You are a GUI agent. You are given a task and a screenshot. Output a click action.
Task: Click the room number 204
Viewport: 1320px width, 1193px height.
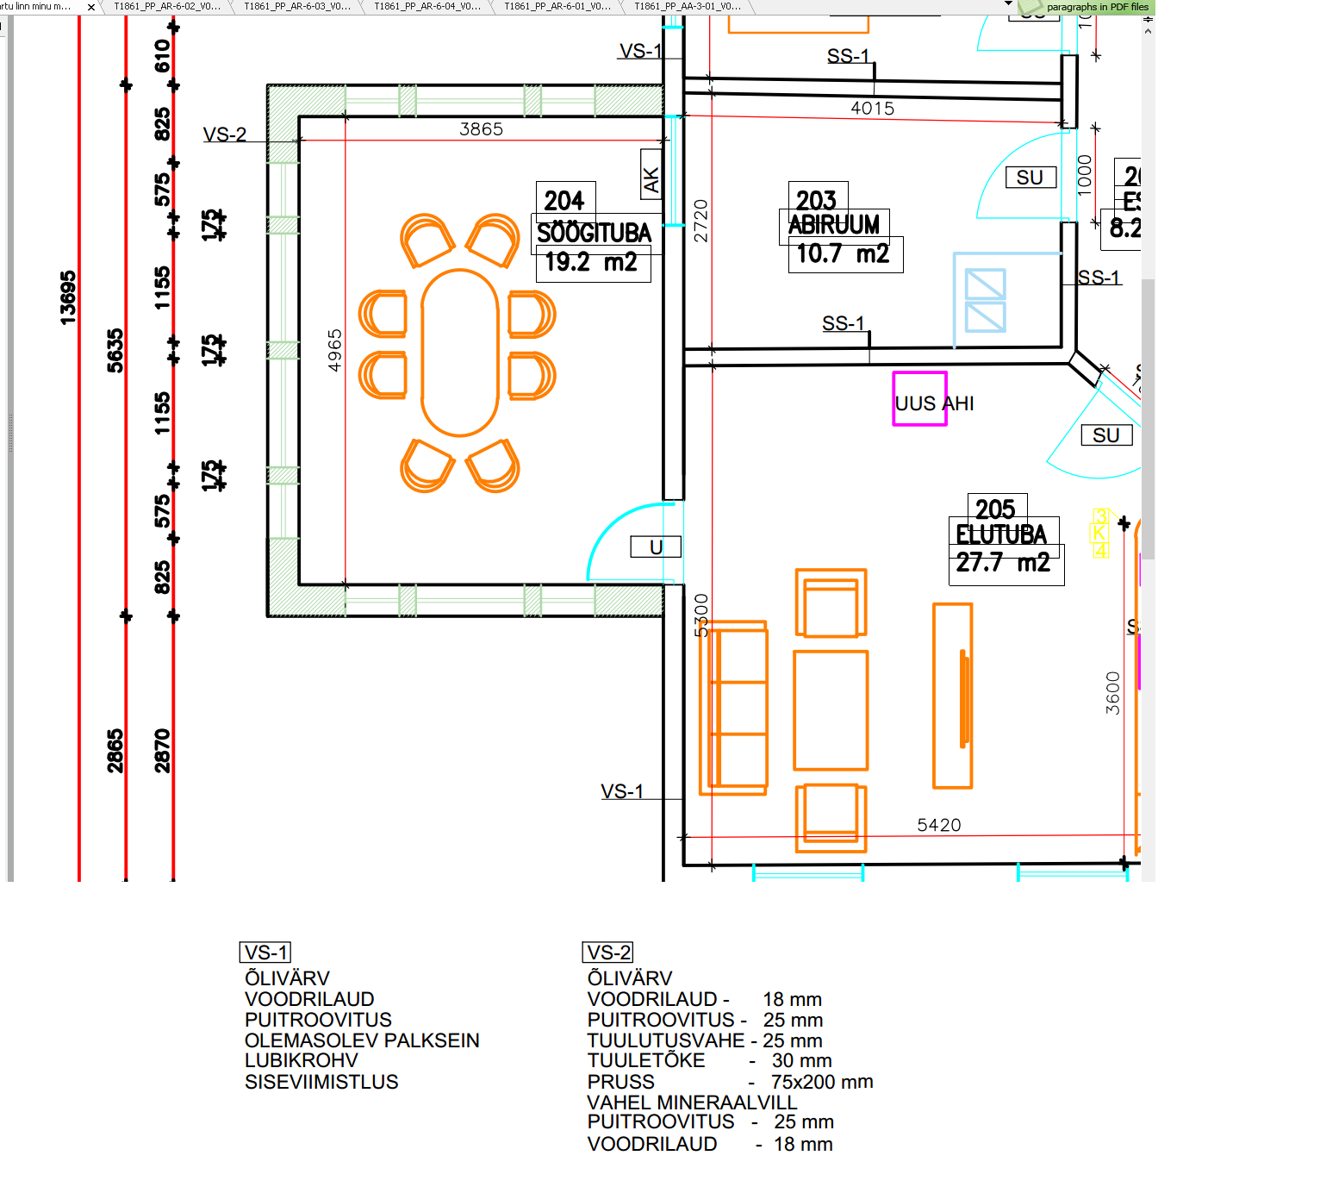tap(564, 200)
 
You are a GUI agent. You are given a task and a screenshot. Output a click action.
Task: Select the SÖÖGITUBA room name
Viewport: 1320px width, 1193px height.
tap(594, 233)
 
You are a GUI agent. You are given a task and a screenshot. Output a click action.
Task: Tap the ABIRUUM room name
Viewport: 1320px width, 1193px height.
tap(833, 224)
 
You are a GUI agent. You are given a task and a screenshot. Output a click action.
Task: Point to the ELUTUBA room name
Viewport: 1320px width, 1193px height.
tap(1001, 534)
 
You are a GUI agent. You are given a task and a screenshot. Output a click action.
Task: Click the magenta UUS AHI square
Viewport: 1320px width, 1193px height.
tap(919, 398)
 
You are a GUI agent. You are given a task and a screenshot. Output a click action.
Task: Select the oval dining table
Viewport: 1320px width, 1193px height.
tap(460, 353)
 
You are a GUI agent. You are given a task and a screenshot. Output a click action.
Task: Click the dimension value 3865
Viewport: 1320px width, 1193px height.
tap(481, 129)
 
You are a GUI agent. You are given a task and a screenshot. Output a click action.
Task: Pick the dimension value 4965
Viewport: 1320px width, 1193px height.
tap(335, 350)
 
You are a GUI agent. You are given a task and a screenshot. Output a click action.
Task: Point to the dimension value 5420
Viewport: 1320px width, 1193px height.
tap(938, 825)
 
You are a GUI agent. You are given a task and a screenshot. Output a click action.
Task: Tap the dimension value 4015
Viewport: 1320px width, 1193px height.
tap(872, 109)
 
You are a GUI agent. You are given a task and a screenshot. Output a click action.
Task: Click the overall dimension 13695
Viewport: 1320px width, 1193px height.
tap(68, 297)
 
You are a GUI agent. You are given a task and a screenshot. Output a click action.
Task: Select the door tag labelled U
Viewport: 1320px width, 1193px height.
tap(656, 547)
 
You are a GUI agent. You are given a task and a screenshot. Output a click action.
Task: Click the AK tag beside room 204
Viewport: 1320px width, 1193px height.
tap(651, 178)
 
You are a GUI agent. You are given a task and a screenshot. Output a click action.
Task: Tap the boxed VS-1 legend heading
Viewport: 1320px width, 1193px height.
tap(265, 953)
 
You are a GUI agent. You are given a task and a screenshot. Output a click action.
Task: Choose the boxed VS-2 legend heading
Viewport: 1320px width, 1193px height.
tap(608, 953)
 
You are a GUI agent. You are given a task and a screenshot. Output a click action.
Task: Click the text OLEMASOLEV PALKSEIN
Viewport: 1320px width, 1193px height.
tap(362, 1040)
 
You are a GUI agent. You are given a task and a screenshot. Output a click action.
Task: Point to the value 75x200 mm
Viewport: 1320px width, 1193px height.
tap(822, 1082)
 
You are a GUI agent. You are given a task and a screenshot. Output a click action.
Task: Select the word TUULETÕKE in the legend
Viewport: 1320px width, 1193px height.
tap(646, 1061)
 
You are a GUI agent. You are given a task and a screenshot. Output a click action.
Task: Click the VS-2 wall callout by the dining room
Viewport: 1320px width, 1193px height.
tap(225, 134)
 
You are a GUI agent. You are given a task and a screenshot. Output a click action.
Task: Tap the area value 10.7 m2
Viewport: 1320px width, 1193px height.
tap(843, 253)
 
